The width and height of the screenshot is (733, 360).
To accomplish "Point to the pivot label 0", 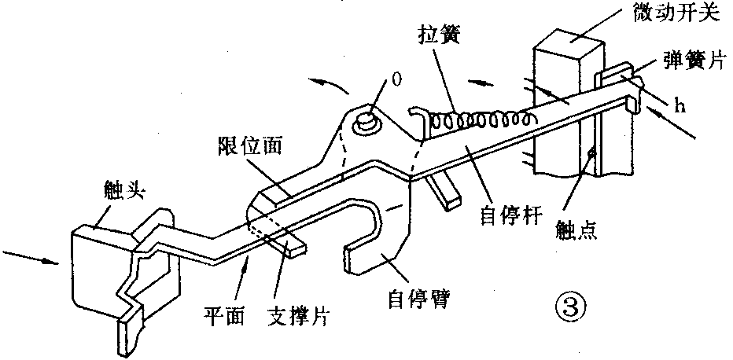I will pos(396,79).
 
